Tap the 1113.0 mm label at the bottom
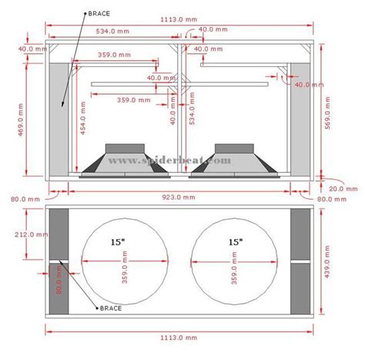[182, 336]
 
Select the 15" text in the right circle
[234, 241]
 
